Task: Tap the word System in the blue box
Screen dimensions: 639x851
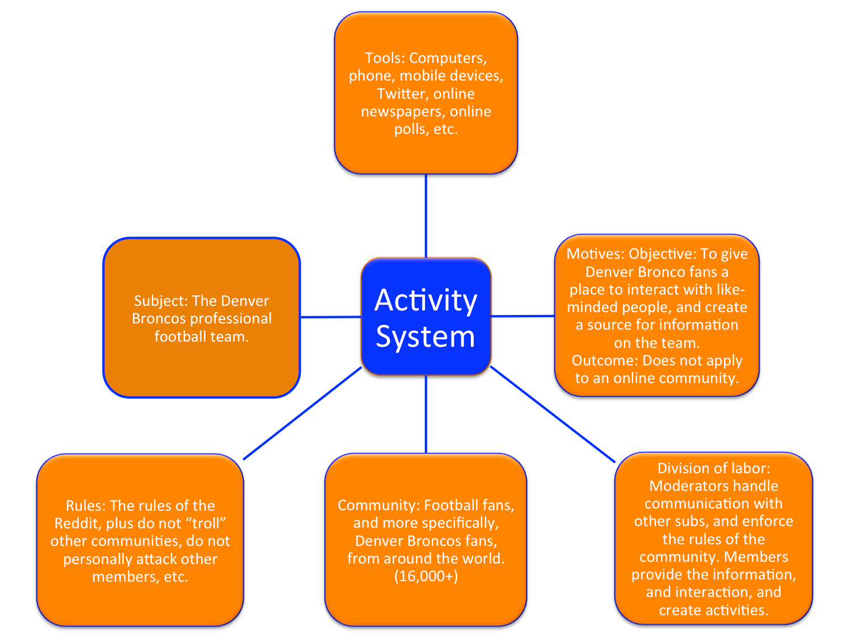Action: click(x=425, y=337)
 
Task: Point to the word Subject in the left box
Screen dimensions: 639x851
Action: click(x=160, y=301)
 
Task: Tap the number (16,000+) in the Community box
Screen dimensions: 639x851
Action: click(x=426, y=576)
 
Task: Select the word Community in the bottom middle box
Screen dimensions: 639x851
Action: click(x=378, y=505)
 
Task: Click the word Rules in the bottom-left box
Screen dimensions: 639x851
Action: click(x=85, y=506)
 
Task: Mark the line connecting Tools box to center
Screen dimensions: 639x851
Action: click(x=425, y=216)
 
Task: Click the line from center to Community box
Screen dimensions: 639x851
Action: click(x=425, y=414)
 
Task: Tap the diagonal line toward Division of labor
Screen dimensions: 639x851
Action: click(x=553, y=414)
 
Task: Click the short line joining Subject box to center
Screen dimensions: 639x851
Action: click(x=330, y=317)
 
